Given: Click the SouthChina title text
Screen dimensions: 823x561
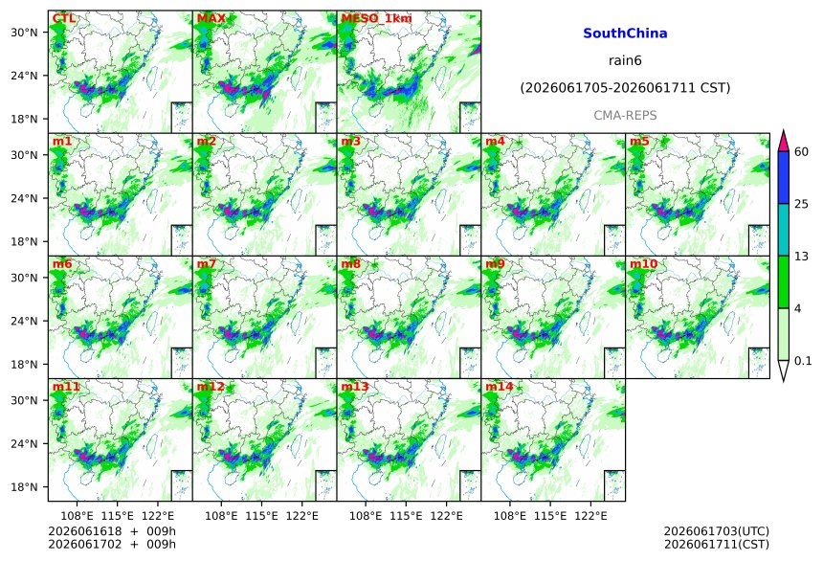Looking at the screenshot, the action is tap(625, 34).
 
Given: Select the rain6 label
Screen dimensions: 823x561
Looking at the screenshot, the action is tap(625, 60).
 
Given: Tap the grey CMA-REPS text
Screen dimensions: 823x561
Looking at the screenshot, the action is tap(625, 116).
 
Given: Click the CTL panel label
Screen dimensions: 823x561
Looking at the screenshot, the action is tap(63, 18).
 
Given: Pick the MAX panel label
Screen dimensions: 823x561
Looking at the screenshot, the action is tap(211, 18).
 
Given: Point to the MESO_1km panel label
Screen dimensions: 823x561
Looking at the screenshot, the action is tap(376, 18).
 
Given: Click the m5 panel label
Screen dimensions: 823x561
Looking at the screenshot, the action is tap(639, 142).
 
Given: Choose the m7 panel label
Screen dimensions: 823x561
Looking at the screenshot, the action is tap(207, 263).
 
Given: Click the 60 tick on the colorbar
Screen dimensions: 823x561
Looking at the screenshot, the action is tap(801, 152).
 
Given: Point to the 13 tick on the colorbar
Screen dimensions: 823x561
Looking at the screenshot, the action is tap(801, 257).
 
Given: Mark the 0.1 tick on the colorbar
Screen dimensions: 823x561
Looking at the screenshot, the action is tap(803, 361).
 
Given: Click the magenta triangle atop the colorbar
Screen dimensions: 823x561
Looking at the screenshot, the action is tap(783, 143).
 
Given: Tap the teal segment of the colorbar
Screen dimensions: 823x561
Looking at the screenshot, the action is tap(783, 230).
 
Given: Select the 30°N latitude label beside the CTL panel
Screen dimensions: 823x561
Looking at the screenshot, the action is tap(24, 33).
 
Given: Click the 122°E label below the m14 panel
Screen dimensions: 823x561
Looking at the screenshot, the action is tap(590, 516).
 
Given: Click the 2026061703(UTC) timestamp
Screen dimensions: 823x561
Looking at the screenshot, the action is tap(717, 531).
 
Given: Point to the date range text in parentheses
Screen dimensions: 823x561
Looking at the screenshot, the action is tap(625, 88).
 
